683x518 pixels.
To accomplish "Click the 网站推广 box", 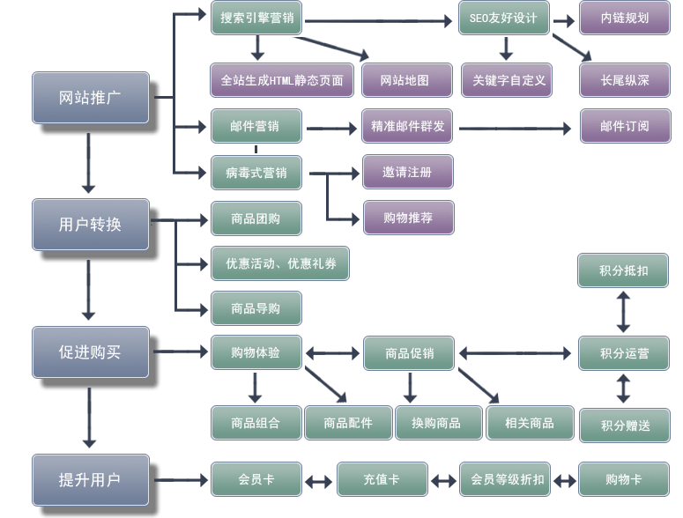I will pyautogui.click(x=90, y=98).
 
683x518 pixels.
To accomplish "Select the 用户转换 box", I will pyautogui.click(x=90, y=225).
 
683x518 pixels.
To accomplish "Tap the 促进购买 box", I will pyautogui.click(x=90, y=352).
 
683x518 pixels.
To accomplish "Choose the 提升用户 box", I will pyautogui.click(x=90, y=480).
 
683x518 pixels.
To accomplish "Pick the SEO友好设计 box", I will pyautogui.click(x=503, y=18).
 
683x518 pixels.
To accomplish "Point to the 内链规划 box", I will pyautogui.click(x=625, y=18).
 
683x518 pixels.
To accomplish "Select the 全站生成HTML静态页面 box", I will pyautogui.click(x=282, y=80).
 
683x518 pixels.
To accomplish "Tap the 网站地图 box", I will pyautogui.click(x=405, y=80).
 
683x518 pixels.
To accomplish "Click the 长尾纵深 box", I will pyautogui.click(x=625, y=80).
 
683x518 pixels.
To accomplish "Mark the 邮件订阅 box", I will pyautogui.click(x=625, y=126).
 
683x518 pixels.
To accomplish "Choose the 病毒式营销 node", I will pyautogui.click(x=256, y=173).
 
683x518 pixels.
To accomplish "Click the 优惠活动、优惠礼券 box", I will pyautogui.click(x=279, y=263).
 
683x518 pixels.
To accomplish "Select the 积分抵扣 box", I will pyautogui.click(x=623, y=270).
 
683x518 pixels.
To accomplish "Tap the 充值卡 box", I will pyautogui.click(x=382, y=480).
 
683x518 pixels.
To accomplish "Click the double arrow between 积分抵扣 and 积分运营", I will pyautogui.click(x=623, y=311).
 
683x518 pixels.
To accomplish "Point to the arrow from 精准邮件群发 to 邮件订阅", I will pyautogui.click(x=516, y=129).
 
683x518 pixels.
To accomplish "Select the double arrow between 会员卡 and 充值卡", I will pyautogui.click(x=319, y=482).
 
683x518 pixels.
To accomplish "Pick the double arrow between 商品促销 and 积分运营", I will pyautogui.click(x=516, y=354).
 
